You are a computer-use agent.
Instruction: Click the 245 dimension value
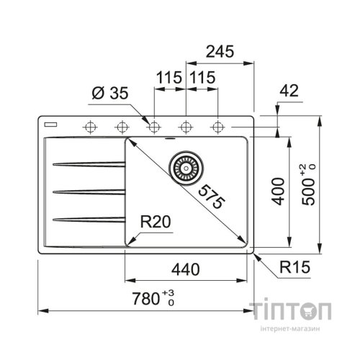click(x=220, y=51)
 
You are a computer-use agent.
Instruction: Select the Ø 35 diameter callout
click(x=110, y=93)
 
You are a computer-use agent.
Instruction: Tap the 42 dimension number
click(x=289, y=91)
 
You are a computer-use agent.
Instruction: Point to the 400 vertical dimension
click(x=279, y=192)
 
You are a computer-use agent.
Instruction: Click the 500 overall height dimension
click(x=308, y=185)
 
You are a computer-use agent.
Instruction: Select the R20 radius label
click(x=156, y=222)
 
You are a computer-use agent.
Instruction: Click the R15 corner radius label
click(x=294, y=267)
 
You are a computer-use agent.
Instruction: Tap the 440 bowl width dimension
click(x=185, y=269)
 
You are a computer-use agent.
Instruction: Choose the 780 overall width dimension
click(x=153, y=298)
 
